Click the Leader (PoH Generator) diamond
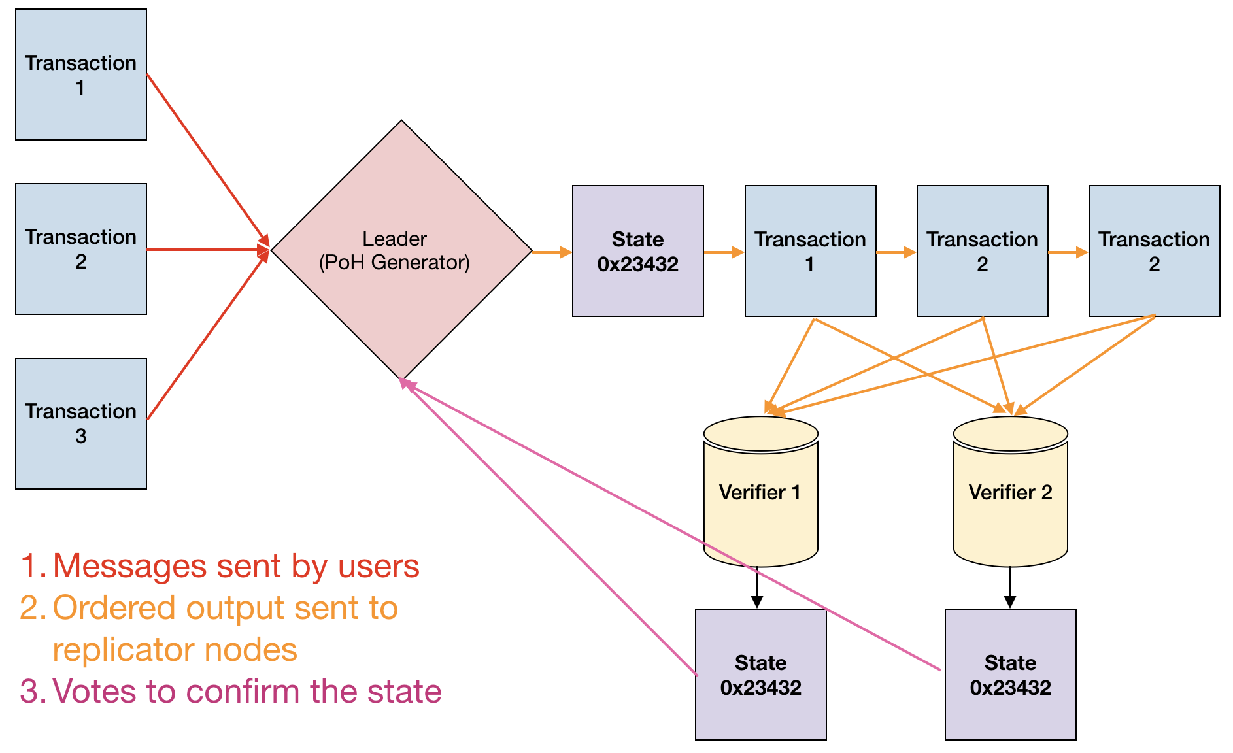pyautogui.click(x=401, y=250)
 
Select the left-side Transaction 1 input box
pyautogui.click(x=81, y=75)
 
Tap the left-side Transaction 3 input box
pyautogui.click(x=81, y=423)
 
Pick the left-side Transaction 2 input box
pyautogui.click(x=81, y=249)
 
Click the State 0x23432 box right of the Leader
pyautogui.click(x=637, y=251)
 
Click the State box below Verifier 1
pyautogui.click(x=760, y=675)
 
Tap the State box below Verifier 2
pyautogui.click(x=1010, y=675)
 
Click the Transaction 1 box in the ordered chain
pyautogui.click(x=810, y=251)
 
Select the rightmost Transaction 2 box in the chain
pyautogui.click(x=1154, y=251)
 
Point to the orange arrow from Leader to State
pyautogui.click(x=552, y=252)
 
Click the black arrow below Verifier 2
pyautogui.click(x=1010, y=587)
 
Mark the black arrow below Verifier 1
pyautogui.click(x=757, y=587)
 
